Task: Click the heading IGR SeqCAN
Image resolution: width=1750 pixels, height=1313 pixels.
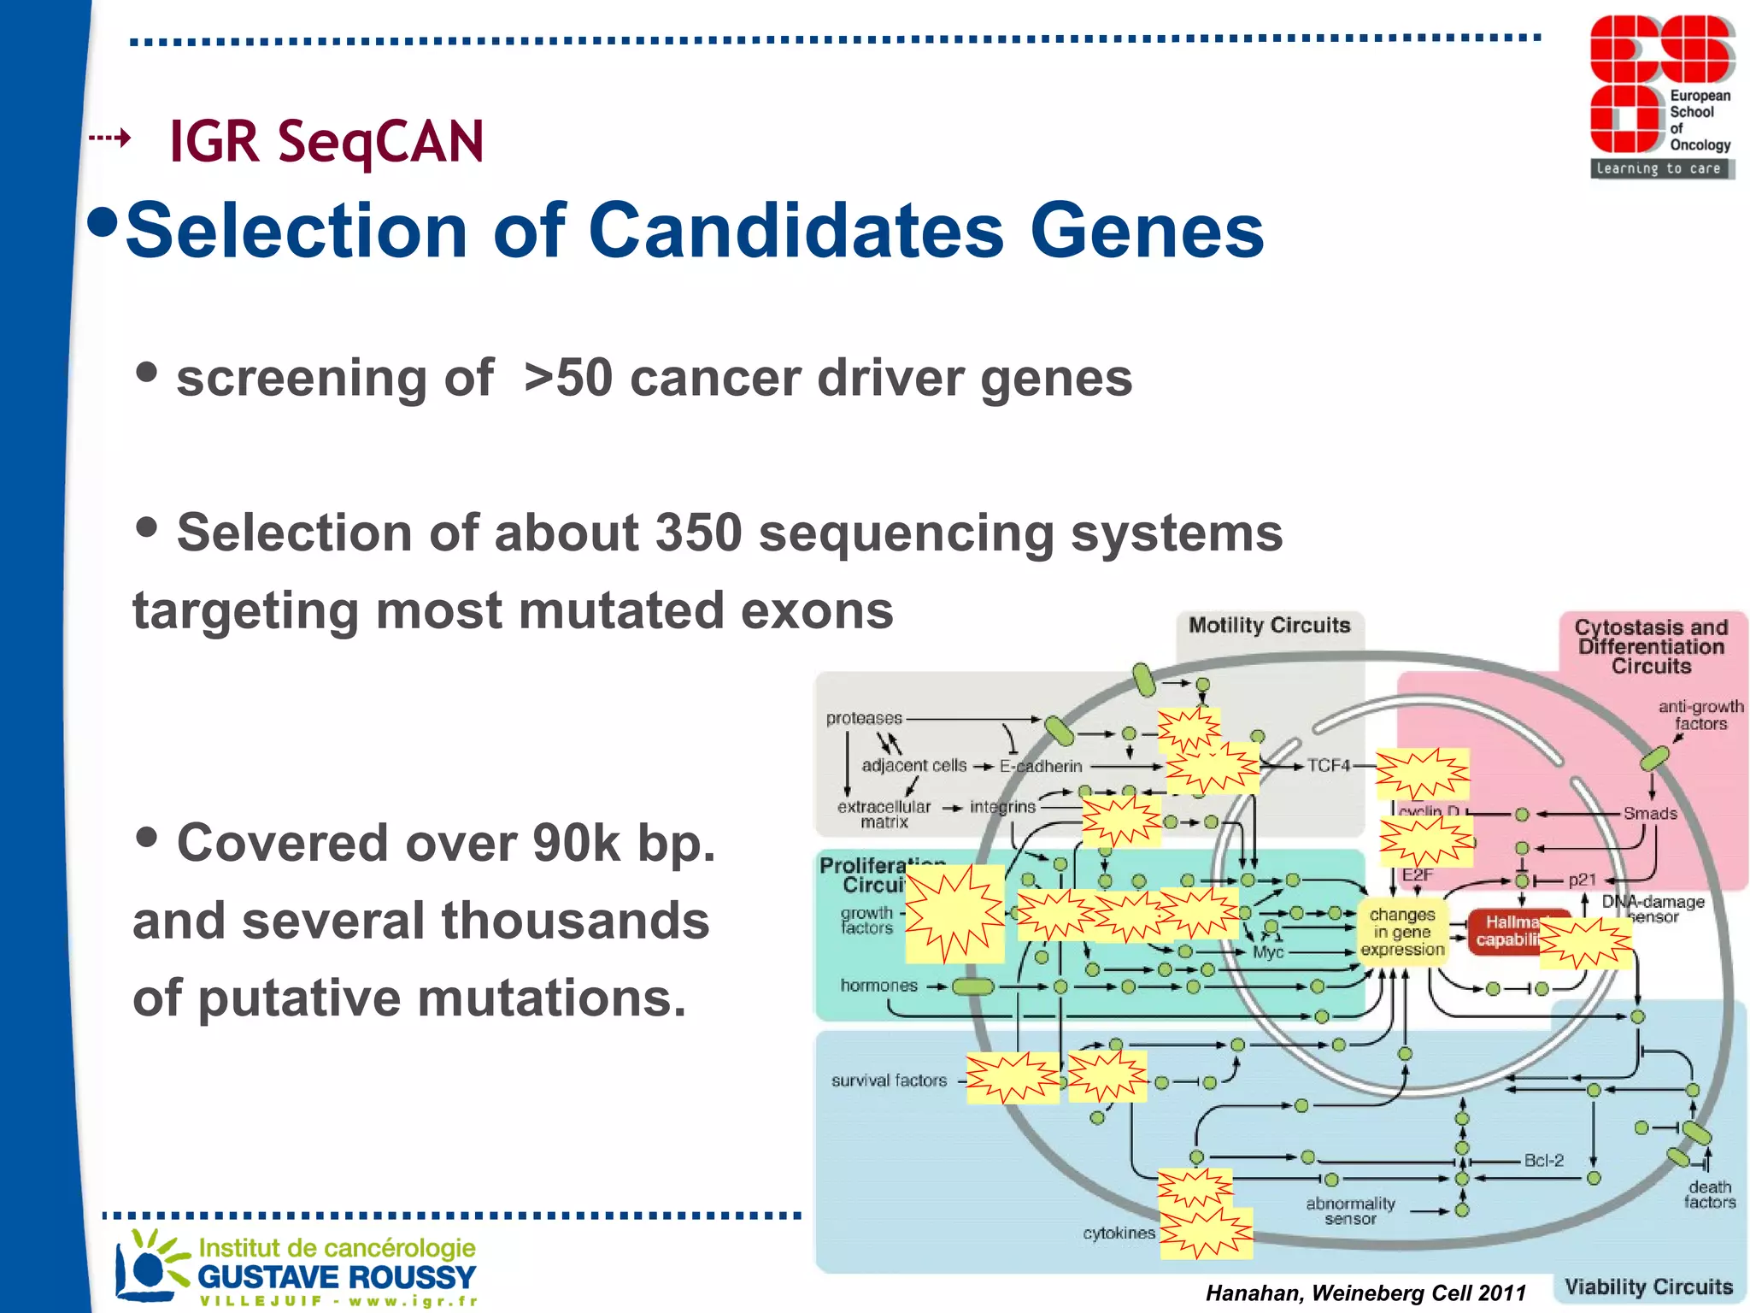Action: [326, 141]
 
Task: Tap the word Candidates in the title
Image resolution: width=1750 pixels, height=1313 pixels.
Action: [796, 230]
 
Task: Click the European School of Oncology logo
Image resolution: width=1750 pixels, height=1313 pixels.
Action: [1661, 97]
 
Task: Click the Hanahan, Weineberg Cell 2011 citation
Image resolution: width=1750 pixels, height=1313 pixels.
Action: [1365, 1293]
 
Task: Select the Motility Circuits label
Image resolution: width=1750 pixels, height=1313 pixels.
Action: [1269, 626]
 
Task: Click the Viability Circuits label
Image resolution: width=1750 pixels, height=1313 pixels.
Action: [1648, 1287]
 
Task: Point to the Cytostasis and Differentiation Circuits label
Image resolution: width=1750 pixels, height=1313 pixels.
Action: [1651, 646]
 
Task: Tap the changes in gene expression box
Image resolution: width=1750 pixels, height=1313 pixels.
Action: [1402, 932]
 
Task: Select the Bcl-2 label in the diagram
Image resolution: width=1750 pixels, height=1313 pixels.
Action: [1543, 1160]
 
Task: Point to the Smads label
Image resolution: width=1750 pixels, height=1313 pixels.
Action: [1650, 813]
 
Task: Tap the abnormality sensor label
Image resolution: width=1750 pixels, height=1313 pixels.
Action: [1350, 1210]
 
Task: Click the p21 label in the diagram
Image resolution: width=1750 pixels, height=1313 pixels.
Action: [1582, 880]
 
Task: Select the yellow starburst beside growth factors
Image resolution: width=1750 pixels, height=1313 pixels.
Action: [954, 914]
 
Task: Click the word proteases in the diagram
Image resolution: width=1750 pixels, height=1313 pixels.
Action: [864, 718]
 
